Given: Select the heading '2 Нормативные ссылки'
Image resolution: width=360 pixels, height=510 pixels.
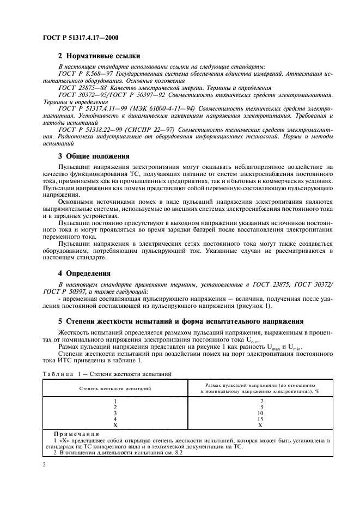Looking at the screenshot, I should pos(99,56).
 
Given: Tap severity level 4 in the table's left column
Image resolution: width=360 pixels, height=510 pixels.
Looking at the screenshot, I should pos(114,419).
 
